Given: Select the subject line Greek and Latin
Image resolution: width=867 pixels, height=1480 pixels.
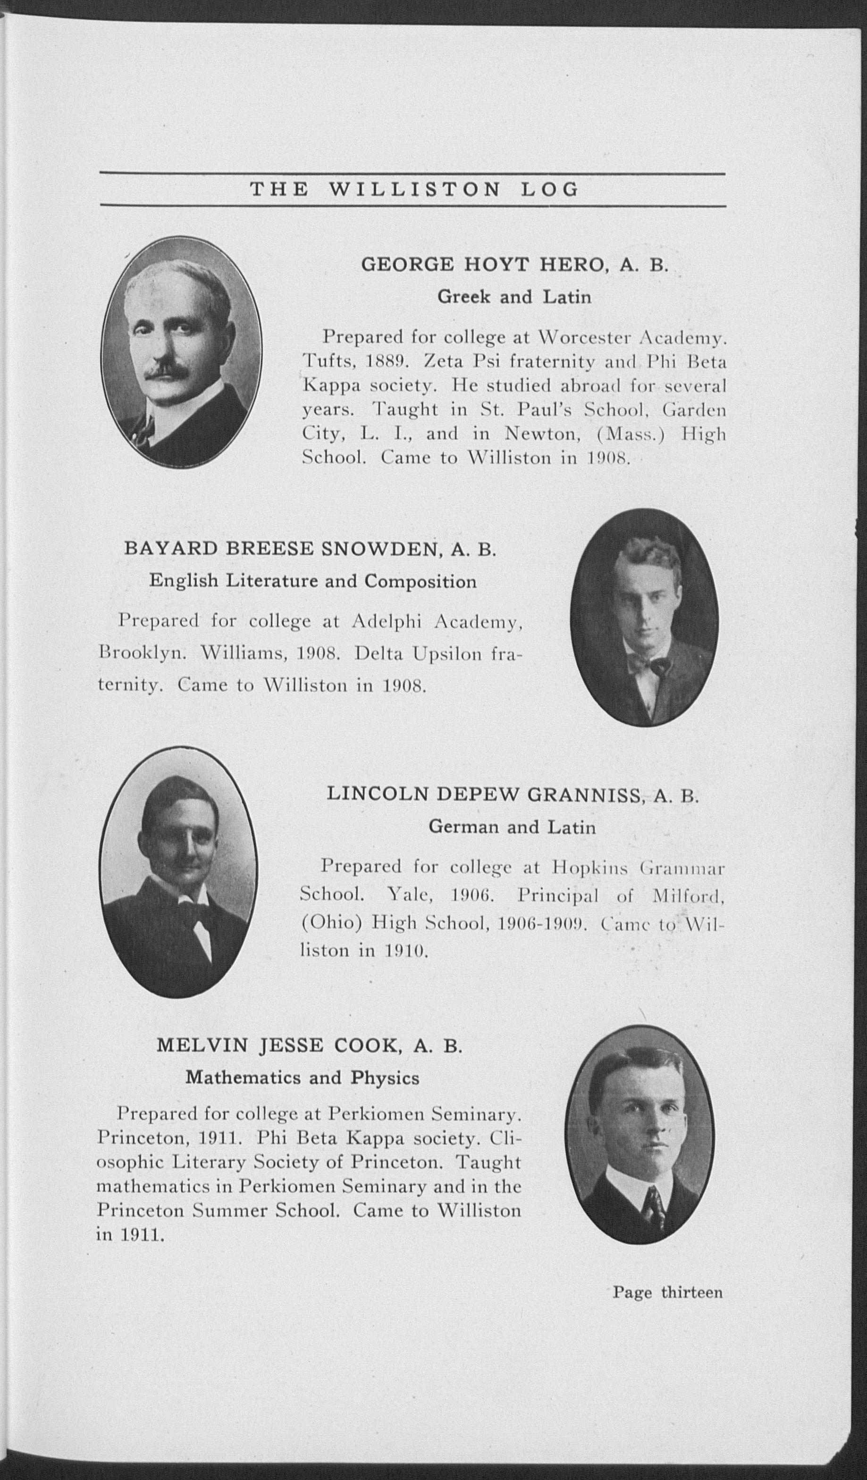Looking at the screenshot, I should pyautogui.click(x=514, y=297).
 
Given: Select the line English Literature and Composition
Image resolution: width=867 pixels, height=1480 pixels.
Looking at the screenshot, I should pyautogui.click(x=312, y=581).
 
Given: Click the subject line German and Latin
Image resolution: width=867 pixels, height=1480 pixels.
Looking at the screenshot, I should pyautogui.click(x=512, y=828).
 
